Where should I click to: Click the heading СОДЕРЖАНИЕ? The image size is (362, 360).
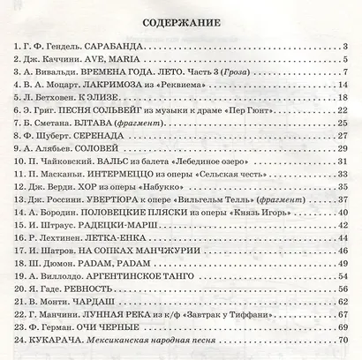coord(181,21)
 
